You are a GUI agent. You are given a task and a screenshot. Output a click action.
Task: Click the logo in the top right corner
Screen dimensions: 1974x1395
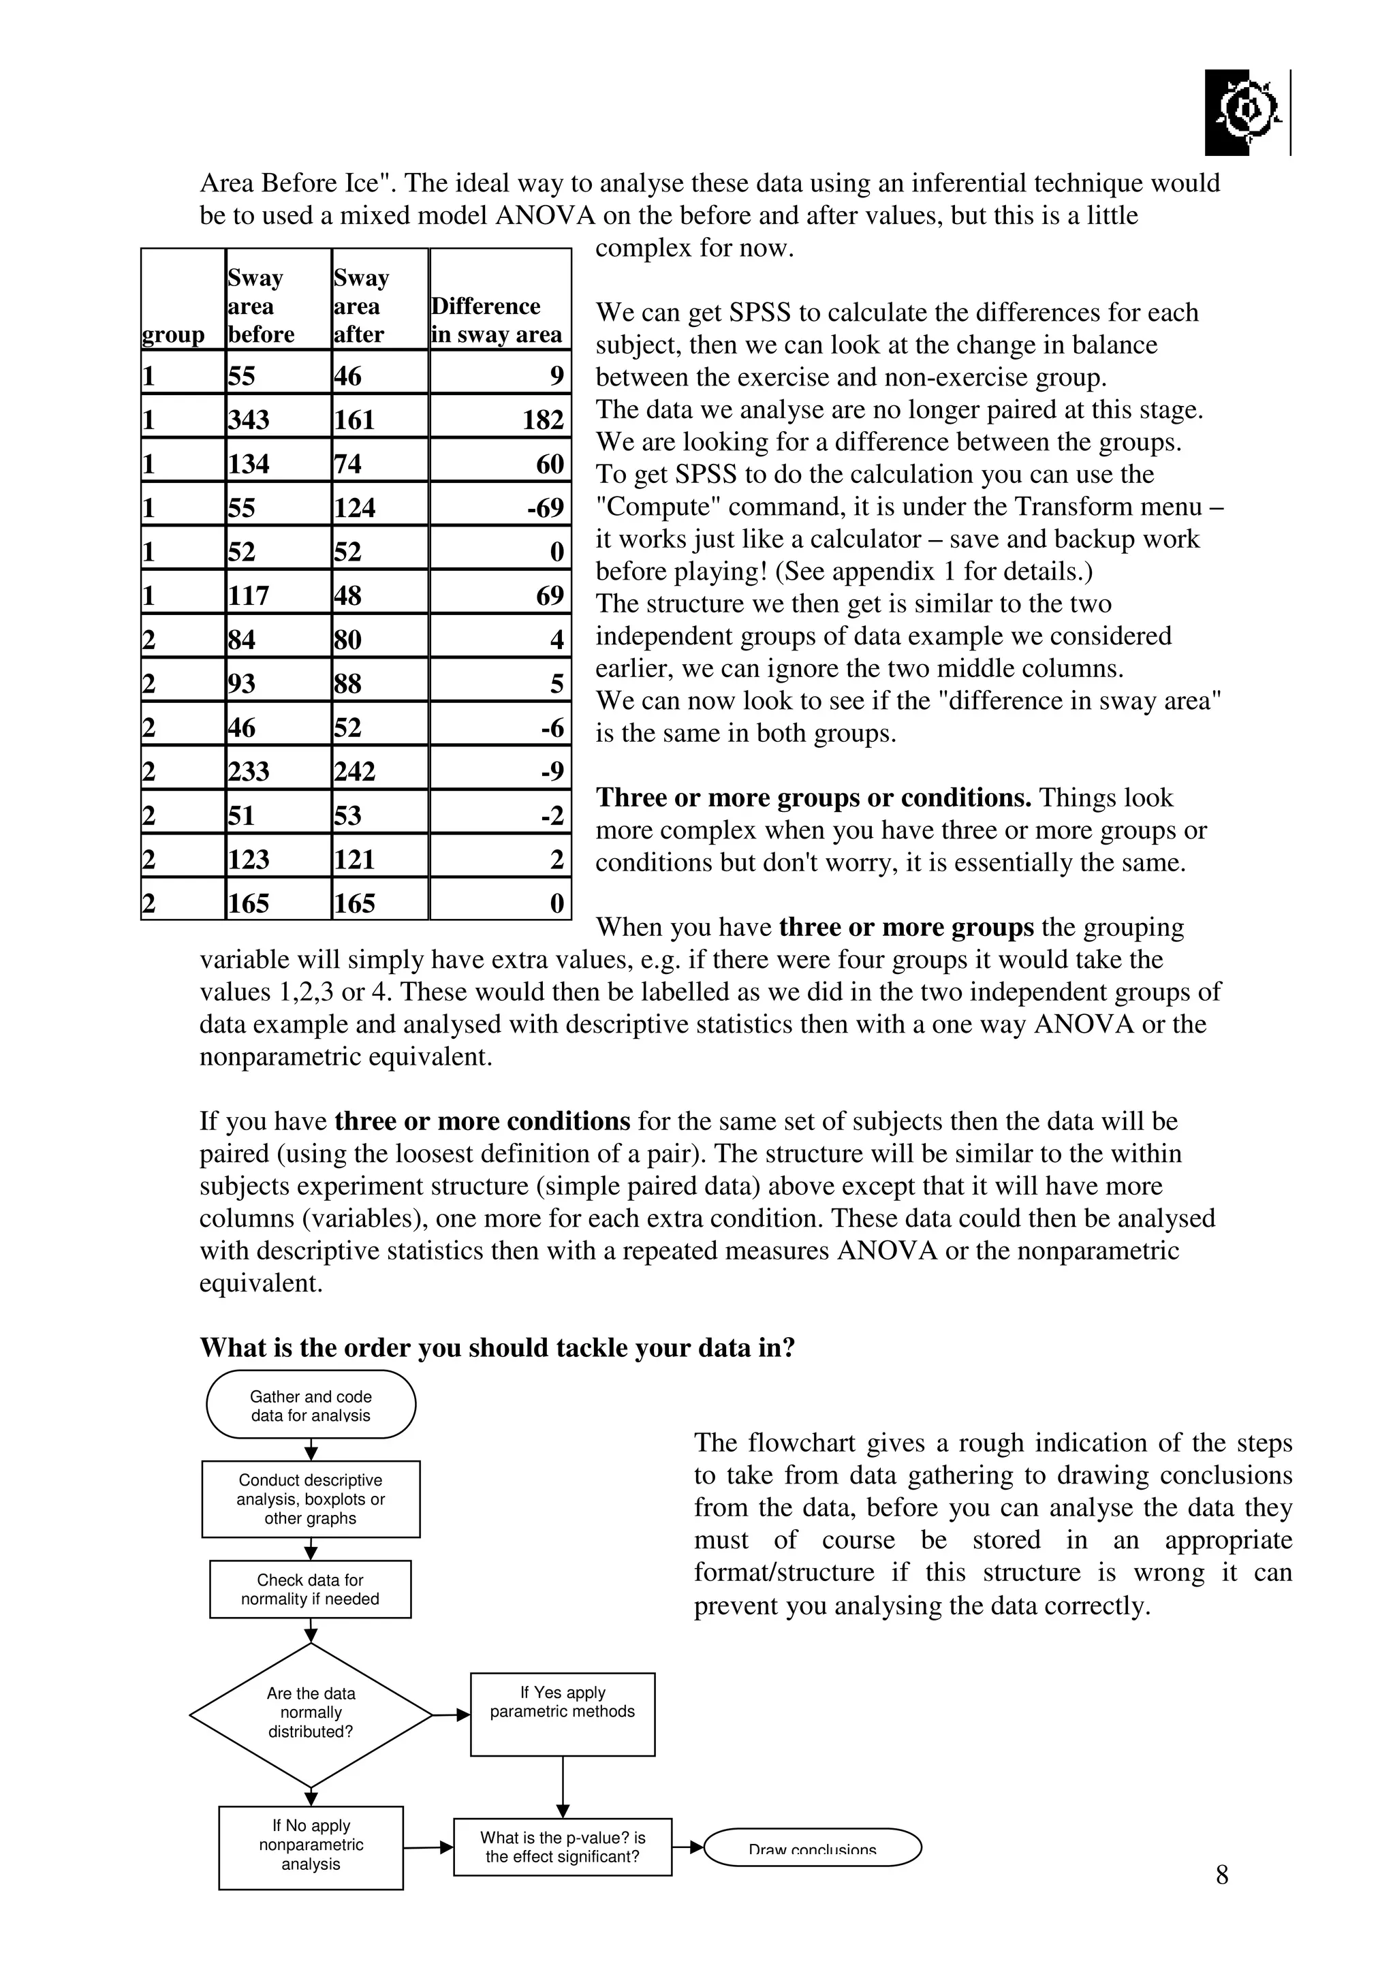coord(1244,112)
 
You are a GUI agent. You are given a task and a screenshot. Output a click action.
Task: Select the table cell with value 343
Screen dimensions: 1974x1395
coord(277,419)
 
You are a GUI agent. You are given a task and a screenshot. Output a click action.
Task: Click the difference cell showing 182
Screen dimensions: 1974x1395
coord(500,419)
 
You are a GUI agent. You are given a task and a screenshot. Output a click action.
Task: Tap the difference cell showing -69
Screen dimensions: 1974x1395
coord(500,507)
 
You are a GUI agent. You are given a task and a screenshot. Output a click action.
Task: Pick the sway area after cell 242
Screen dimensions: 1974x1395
coord(379,770)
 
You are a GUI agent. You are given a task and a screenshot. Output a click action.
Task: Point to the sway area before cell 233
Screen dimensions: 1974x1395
coord(277,770)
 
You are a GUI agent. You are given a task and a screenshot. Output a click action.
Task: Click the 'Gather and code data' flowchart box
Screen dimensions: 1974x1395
coord(311,1405)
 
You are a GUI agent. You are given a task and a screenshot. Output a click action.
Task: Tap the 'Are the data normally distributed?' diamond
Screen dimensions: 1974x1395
coord(311,1712)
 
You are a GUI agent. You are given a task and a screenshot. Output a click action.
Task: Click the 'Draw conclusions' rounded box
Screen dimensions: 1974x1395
coord(812,1847)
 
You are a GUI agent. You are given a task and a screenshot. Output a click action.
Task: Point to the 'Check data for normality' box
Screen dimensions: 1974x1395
coord(311,1589)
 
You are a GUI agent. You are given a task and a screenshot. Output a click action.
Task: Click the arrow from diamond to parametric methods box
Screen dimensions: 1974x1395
coord(451,1714)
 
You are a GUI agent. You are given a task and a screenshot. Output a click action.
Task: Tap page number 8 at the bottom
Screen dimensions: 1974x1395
coord(1221,1875)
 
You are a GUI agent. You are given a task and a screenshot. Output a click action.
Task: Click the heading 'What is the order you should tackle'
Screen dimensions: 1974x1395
coord(497,1347)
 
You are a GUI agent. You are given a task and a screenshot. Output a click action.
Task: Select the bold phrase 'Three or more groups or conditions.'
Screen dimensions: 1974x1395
coord(813,798)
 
